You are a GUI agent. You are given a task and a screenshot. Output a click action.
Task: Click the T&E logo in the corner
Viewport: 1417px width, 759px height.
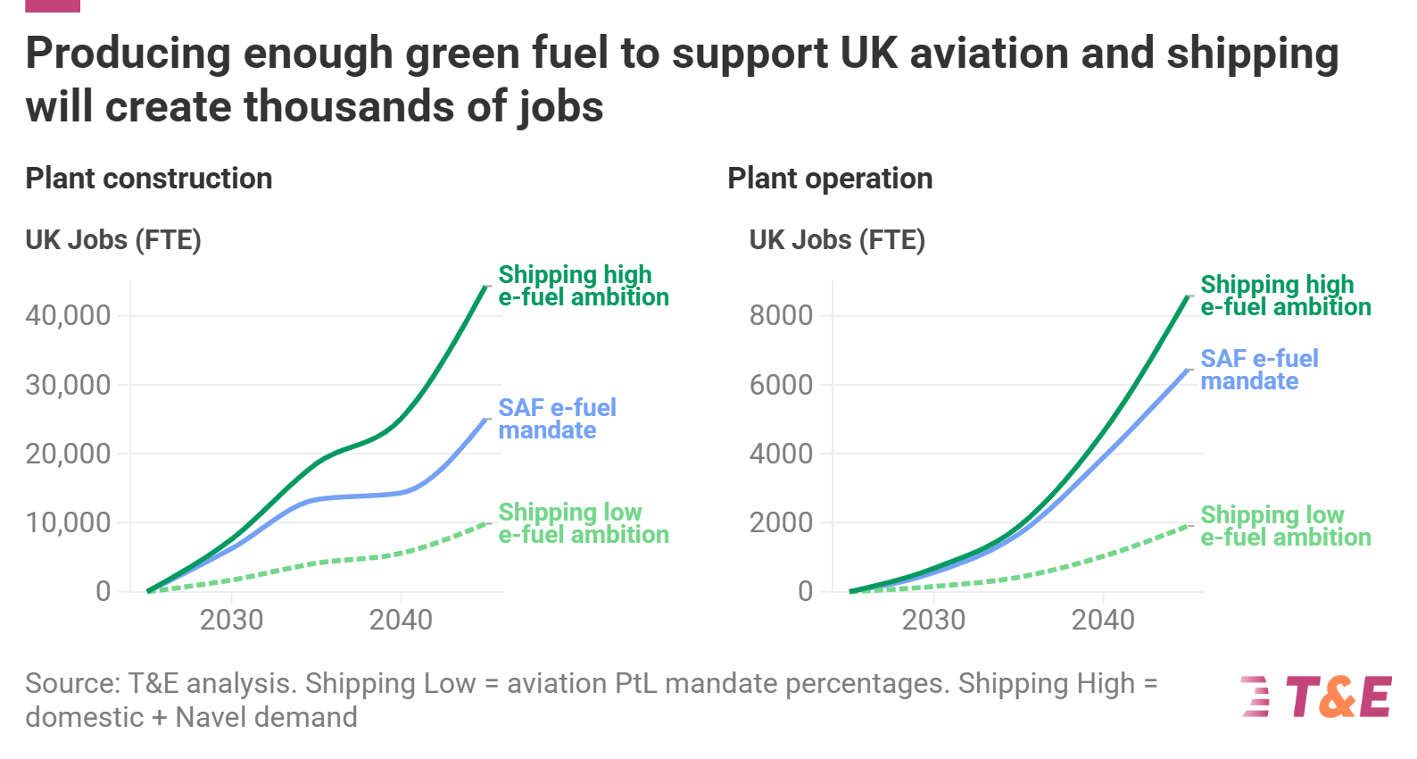(x=1316, y=696)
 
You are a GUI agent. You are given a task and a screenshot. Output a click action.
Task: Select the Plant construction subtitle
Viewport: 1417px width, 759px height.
(x=149, y=179)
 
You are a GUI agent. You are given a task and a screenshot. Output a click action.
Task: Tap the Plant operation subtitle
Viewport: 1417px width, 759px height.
(x=830, y=179)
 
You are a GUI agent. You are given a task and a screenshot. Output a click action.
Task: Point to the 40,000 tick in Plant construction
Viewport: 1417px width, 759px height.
(x=69, y=315)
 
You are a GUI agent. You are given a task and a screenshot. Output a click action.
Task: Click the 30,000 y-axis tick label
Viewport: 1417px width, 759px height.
(x=69, y=385)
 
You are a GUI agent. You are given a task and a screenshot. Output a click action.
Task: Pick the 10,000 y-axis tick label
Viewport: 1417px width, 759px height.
(x=69, y=523)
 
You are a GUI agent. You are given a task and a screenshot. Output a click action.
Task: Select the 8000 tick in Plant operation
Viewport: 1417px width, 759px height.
(x=782, y=315)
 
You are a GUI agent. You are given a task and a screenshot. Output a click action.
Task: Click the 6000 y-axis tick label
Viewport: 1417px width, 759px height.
(x=782, y=385)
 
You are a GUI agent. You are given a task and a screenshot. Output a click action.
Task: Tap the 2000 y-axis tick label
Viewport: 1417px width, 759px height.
(x=782, y=523)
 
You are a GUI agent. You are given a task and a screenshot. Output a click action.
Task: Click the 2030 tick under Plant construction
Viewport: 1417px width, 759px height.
(x=231, y=621)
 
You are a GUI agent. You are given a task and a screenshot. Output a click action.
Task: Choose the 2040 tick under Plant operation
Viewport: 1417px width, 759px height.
(x=1103, y=621)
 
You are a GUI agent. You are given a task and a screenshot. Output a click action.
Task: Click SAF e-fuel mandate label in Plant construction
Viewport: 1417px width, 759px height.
(x=557, y=419)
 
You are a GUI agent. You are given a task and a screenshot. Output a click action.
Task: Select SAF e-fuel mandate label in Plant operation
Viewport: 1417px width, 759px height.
(x=1259, y=370)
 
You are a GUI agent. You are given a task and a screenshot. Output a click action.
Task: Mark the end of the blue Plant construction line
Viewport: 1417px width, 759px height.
(x=485, y=419)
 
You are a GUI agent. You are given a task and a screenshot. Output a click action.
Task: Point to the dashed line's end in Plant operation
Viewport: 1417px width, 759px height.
(x=1188, y=526)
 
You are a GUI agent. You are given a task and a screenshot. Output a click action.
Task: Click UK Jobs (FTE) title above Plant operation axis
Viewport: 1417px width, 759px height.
(x=837, y=240)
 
